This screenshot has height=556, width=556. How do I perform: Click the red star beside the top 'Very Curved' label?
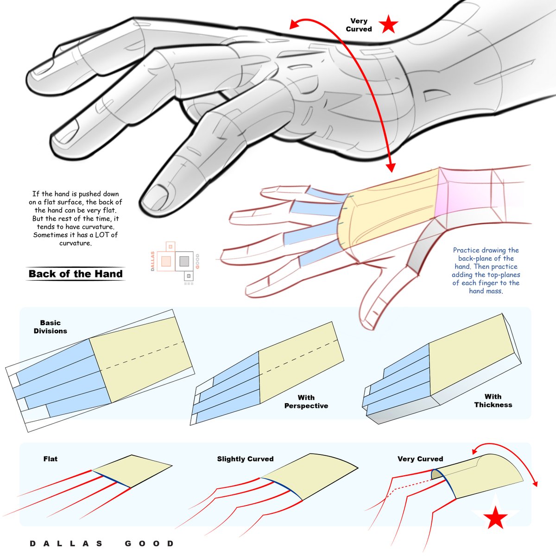[388, 25]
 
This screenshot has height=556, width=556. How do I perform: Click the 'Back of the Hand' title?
[76, 274]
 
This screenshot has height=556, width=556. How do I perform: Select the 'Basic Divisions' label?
[50, 327]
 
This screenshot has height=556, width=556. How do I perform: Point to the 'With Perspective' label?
[306, 402]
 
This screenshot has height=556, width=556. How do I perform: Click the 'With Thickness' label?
[493, 400]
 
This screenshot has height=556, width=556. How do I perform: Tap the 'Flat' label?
[51, 459]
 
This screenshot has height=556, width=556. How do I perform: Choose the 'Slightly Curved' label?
[245, 459]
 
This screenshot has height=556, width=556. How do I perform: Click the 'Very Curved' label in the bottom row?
[420, 459]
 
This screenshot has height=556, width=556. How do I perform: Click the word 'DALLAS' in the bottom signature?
[67, 543]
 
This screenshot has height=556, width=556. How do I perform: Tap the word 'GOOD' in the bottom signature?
[149, 543]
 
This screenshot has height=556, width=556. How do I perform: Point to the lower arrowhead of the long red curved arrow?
[392, 166]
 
